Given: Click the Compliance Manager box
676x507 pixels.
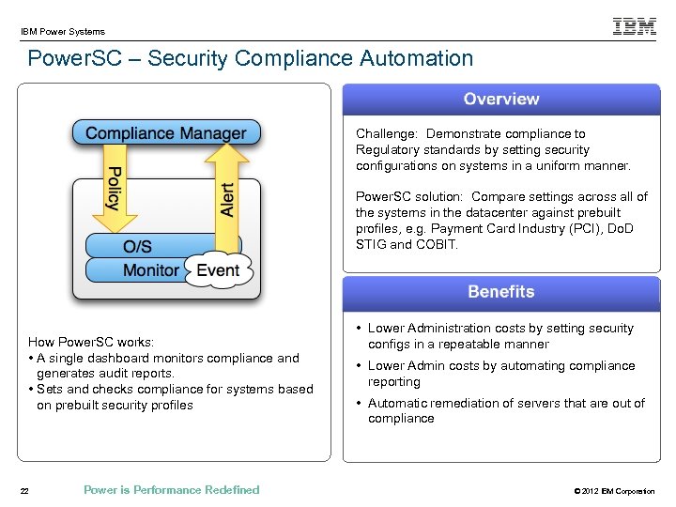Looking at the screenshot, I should pos(166,133).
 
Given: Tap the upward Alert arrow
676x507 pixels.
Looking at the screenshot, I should pos(224,193).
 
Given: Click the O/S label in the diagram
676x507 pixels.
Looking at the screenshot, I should pos(137,247).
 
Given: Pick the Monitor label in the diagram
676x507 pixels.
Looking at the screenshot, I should pos(150,270).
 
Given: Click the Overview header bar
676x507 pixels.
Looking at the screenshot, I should pos(500,100).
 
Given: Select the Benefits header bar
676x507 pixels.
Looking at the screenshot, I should pos(500,292).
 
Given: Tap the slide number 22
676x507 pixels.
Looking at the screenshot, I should pos(25,490).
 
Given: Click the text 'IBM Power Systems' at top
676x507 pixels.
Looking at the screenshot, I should pos(63,31).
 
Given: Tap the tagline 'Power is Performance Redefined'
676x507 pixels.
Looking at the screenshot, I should pos(171,490).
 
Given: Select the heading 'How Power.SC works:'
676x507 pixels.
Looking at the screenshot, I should pos(91,342).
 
